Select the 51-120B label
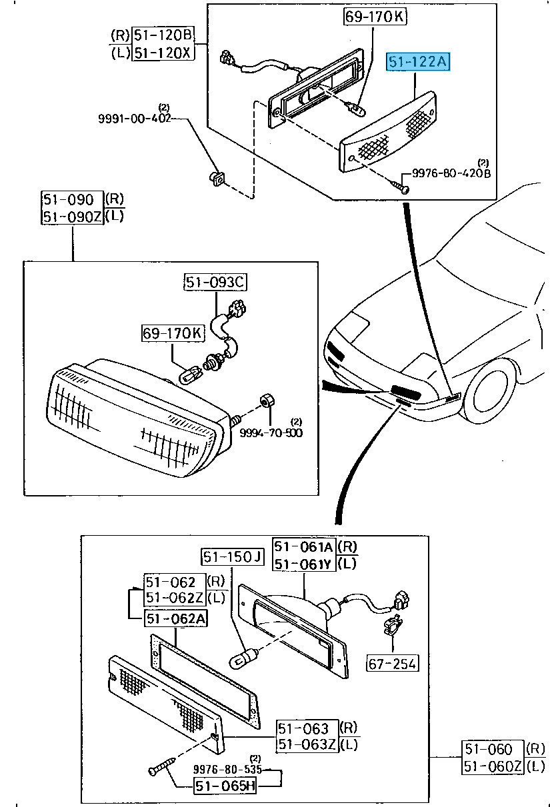point(163,35)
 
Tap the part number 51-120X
point(163,53)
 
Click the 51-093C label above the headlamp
point(215,283)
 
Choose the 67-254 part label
point(392,663)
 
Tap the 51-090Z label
point(72,216)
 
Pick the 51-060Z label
point(493,766)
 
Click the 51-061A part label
point(304,547)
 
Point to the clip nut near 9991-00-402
point(217,178)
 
